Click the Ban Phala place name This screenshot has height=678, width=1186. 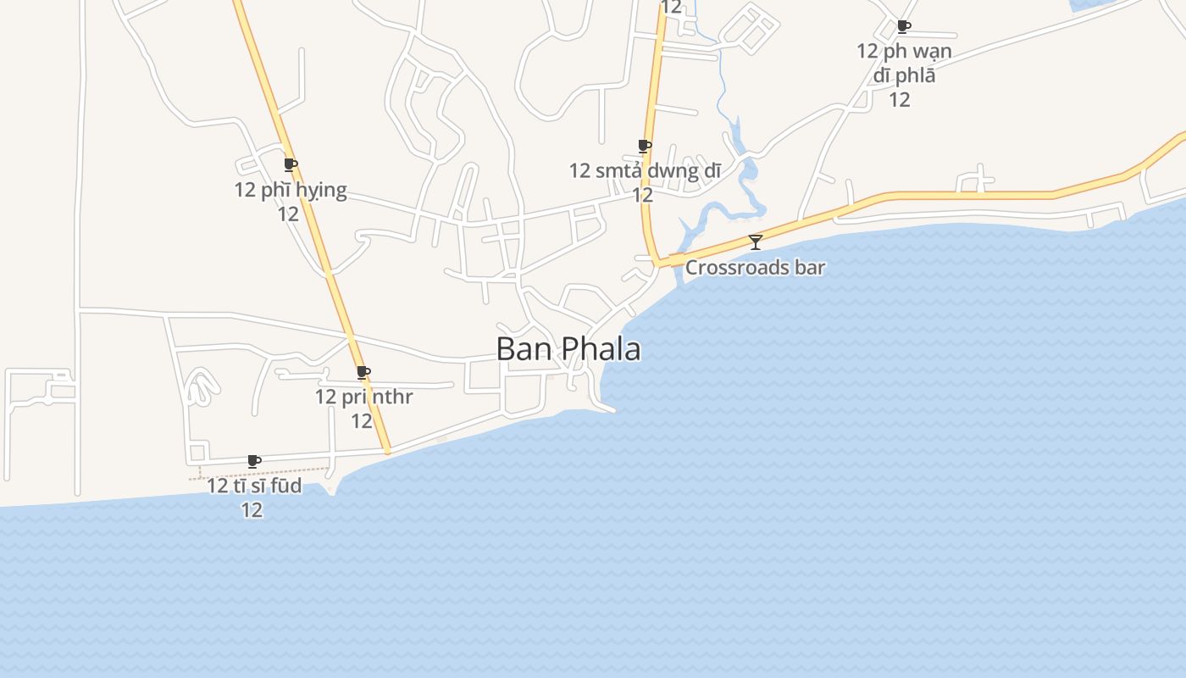[568, 349]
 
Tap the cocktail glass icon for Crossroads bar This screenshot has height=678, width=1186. [755, 242]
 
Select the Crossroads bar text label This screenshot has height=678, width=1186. [755, 268]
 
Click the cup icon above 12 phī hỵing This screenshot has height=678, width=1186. [291, 164]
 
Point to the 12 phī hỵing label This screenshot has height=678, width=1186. [291, 190]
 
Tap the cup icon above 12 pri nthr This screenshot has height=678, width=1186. [363, 372]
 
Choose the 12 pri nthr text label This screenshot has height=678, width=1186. [363, 397]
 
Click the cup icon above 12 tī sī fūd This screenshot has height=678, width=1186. [253, 461]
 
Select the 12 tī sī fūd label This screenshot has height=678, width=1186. [253, 486]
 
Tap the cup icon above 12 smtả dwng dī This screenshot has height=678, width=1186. [644, 146]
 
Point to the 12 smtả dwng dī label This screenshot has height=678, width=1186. [644, 171]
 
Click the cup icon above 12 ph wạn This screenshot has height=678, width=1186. [904, 26]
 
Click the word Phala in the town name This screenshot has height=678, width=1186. [601, 349]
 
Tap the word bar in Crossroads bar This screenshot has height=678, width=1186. [810, 268]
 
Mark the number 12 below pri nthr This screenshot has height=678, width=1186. [362, 420]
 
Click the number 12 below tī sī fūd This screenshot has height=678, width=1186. [252, 509]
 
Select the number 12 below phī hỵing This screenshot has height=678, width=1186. [289, 214]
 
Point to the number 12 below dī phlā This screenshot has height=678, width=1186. [899, 99]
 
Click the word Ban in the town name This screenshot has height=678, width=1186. [515, 349]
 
